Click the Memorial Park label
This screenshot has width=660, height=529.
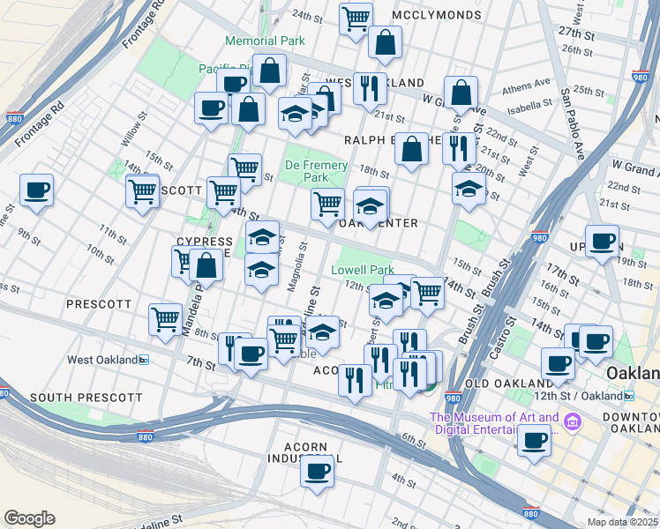[x=265, y=41]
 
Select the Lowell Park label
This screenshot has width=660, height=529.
[x=362, y=270]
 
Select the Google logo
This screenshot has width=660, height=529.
[x=29, y=518]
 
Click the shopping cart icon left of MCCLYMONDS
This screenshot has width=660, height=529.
[x=355, y=17]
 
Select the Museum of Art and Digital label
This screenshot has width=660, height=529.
[x=494, y=424]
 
